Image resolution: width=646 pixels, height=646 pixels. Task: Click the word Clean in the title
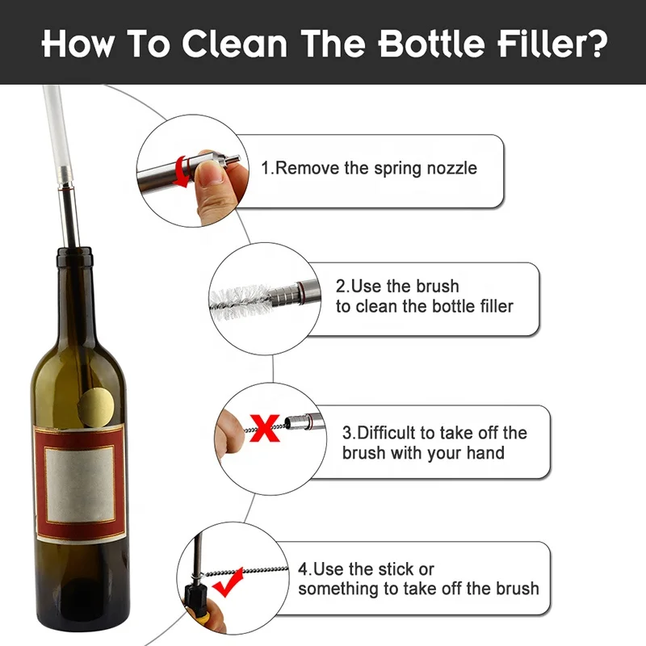[228, 44]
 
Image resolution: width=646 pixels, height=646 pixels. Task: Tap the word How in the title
[78, 44]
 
